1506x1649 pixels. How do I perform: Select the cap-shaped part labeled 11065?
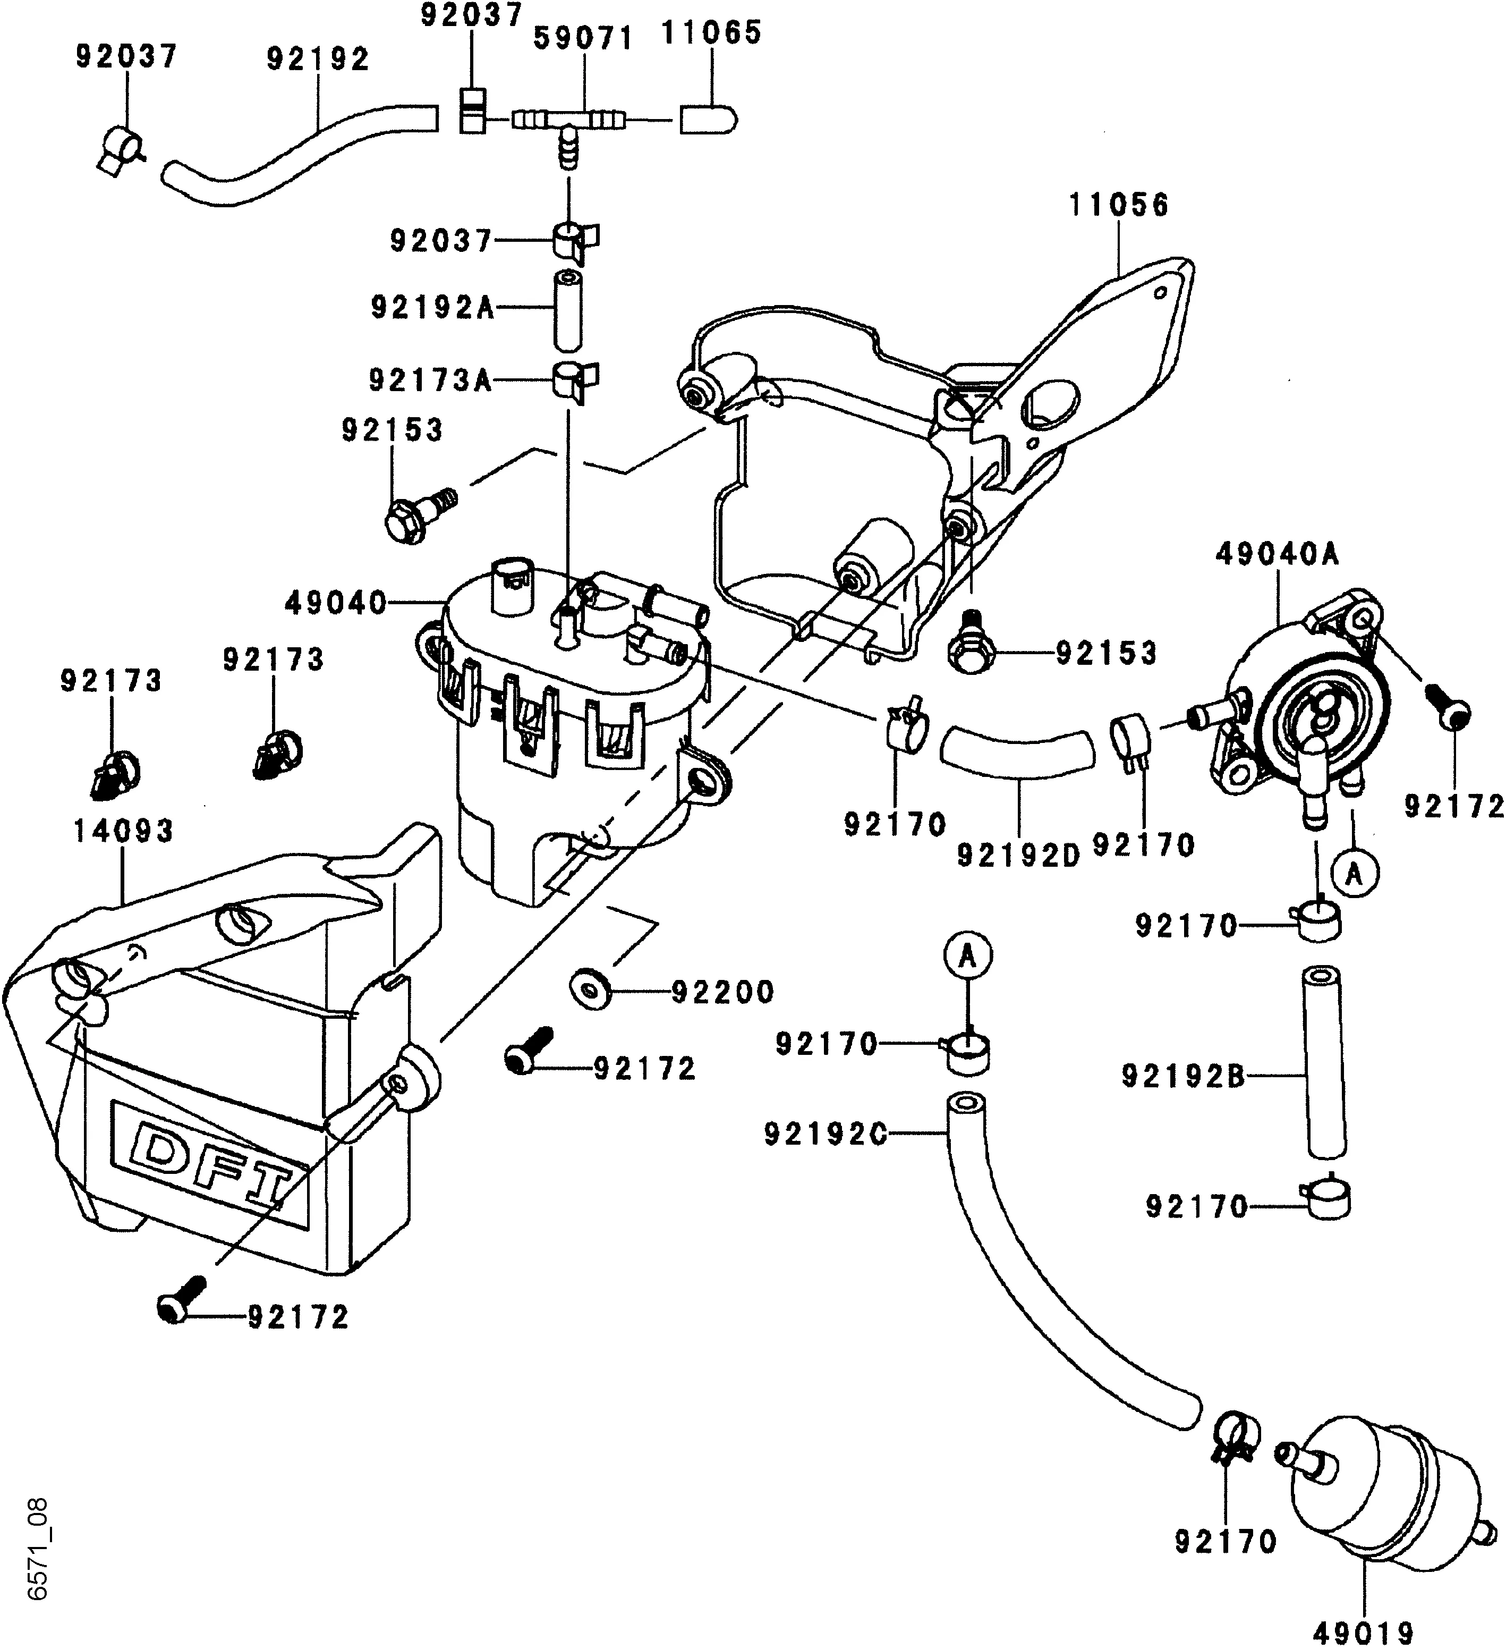(709, 121)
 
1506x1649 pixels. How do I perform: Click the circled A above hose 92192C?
(967, 956)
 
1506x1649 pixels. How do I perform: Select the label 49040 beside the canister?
(335, 604)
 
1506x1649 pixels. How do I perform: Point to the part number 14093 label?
(124, 832)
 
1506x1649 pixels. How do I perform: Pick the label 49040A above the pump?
(1277, 555)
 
